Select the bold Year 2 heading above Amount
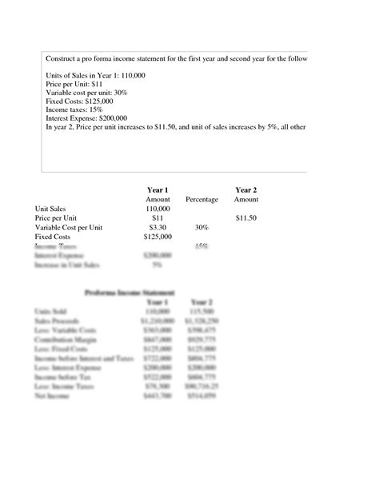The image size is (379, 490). point(245,189)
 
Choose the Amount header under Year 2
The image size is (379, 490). point(245,199)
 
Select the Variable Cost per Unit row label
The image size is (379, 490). point(68,228)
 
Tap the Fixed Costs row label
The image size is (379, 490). point(54,237)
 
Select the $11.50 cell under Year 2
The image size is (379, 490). point(245,218)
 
